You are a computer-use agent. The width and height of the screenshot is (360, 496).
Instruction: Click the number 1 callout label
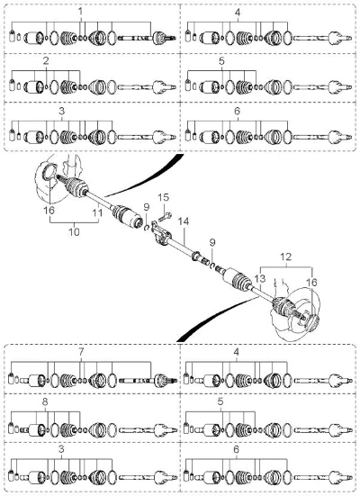80,12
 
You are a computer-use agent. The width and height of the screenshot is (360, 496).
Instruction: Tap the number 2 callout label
46,61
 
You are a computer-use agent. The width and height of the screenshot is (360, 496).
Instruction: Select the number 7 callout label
81,352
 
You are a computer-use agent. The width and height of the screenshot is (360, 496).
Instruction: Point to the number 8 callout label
45,401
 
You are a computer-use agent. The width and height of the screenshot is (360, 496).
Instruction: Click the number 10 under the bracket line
74,232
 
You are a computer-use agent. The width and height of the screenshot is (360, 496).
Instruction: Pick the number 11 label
98,212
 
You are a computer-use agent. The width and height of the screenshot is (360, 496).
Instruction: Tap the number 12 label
285,257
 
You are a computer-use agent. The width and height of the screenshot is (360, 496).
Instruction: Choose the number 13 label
260,279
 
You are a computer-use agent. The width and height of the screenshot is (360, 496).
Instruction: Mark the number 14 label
184,221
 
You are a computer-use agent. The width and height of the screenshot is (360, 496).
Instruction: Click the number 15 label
164,197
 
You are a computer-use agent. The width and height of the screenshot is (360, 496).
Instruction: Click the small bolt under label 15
165,217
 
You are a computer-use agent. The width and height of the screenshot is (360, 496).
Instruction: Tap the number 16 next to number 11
49,210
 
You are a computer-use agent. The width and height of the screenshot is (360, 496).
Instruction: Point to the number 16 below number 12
311,282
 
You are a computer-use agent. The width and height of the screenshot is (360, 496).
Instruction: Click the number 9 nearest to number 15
146,207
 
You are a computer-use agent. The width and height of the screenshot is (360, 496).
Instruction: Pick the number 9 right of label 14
212,243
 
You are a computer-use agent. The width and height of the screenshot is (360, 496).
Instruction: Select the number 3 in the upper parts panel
62,111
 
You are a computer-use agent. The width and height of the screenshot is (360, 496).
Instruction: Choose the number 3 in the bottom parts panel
61,449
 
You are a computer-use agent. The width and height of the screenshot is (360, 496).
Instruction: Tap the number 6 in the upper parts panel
238,111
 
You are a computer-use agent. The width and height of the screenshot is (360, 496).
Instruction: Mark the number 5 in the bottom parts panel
220,401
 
